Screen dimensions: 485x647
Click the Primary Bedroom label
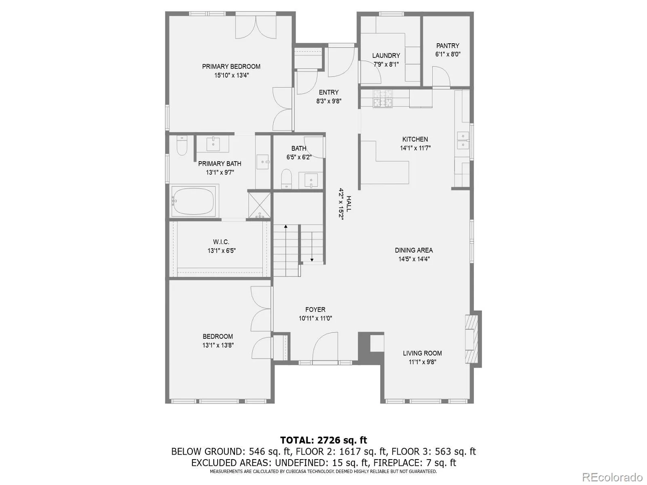tap(231, 66)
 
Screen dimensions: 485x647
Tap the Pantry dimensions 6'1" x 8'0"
tap(448, 54)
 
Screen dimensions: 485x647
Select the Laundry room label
tap(386, 55)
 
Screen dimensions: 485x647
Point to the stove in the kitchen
tap(383, 98)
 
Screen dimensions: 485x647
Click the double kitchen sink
tap(463, 140)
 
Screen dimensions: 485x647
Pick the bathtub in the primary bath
tap(193, 201)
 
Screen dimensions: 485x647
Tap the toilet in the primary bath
tap(182, 146)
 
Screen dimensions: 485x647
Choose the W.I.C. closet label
tap(221, 242)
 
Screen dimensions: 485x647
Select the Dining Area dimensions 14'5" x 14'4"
tap(414, 259)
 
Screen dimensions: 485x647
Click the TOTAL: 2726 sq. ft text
tap(323, 440)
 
